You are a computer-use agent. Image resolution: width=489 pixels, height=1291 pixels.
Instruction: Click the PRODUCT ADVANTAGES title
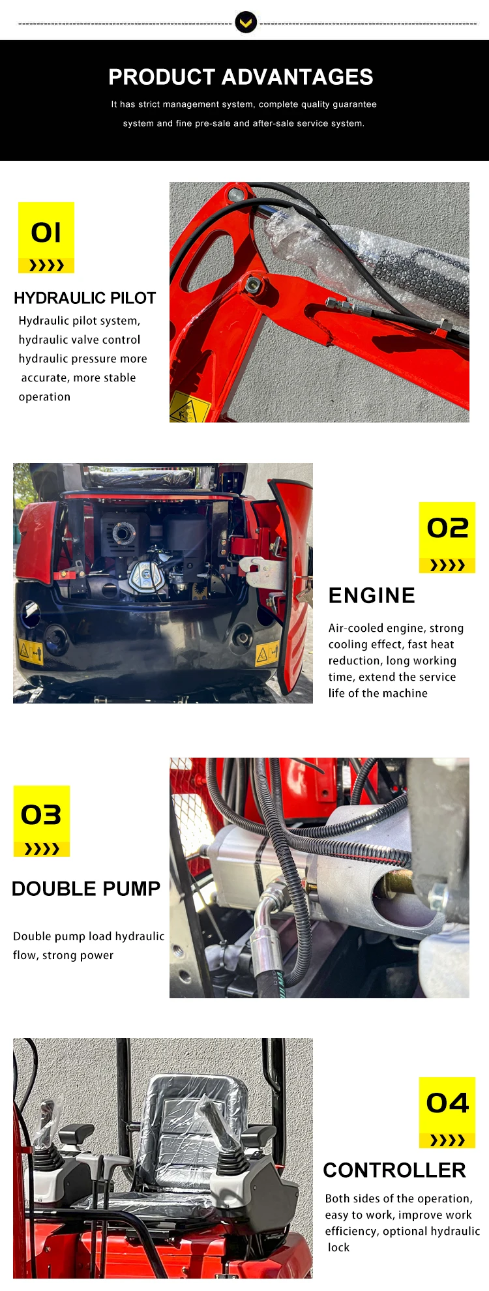point(241,77)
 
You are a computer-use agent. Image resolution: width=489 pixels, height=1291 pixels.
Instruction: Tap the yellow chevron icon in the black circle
point(246,23)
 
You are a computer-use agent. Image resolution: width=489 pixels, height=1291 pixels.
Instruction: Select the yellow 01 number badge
point(46,237)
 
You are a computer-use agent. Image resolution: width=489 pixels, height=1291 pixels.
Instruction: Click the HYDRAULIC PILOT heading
point(85,298)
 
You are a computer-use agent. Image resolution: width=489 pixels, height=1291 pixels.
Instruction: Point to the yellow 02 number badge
point(447,537)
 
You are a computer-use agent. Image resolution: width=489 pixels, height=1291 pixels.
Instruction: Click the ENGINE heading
point(372,595)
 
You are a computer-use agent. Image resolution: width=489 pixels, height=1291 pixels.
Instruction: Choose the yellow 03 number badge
point(42,821)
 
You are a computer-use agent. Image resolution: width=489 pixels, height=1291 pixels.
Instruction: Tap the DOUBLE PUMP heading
point(86,889)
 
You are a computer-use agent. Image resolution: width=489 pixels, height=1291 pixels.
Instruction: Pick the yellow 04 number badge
point(447,1112)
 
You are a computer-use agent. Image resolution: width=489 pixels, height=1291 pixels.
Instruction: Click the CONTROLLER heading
point(394,1170)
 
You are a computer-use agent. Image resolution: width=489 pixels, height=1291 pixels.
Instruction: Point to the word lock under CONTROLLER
point(338,1247)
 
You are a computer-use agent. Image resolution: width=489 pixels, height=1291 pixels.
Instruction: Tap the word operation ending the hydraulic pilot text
point(44,397)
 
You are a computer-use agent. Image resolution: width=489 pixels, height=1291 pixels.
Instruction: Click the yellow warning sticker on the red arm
point(188,408)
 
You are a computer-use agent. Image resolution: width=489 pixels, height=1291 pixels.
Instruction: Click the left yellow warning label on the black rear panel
point(31,650)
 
